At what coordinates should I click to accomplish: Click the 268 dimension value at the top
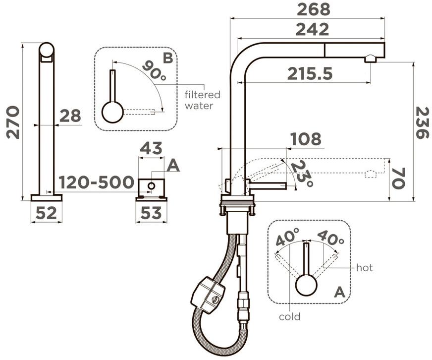[x=313, y=10]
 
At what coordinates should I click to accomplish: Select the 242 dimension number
[x=312, y=29]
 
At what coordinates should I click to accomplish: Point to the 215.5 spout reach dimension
[x=310, y=74]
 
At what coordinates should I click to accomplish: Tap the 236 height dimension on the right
[x=422, y=123]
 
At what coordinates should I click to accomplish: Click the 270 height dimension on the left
[x=13, y=122]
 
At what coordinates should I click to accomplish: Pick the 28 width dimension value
[x=70, y=116]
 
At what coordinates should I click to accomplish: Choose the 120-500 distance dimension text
[x=97, y=182]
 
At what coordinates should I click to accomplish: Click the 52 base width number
[x=46, y=213]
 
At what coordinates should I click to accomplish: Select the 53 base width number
[x=151, y=213]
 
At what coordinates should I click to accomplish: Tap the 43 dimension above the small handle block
[x=151, y=148]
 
